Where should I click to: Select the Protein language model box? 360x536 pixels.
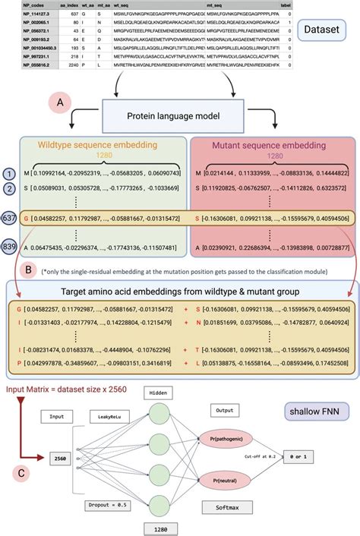click(180, 118)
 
